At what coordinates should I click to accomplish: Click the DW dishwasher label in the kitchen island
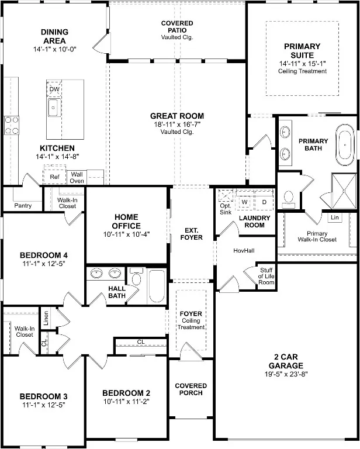[54, 89]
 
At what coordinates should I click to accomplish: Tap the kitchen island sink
[54, 108]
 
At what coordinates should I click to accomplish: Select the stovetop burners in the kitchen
[12, 125]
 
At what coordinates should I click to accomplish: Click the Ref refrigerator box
[54, 177]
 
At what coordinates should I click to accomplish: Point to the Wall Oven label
[77, 178]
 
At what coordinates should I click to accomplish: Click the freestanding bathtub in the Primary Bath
[345, 144]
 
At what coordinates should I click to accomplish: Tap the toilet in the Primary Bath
[289, 199]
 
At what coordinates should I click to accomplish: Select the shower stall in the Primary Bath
[344, 191]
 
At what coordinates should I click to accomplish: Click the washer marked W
[244, 202]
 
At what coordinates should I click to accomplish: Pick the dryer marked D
[264, 202]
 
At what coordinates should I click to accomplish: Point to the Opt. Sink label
[226, 209]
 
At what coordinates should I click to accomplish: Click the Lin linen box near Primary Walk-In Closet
[334, 217]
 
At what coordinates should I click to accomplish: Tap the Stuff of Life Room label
[266, 276]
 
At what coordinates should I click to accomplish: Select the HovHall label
[244, 251]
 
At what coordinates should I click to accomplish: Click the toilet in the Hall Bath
[136, 277]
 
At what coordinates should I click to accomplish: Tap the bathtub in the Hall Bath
[157, 286]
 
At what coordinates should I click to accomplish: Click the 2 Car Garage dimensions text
[286, 374]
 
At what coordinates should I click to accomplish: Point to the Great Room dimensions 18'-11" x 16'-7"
[177, 125]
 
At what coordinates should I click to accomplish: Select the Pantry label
[23, 206]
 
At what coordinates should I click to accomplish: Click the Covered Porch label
[191, 389]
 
